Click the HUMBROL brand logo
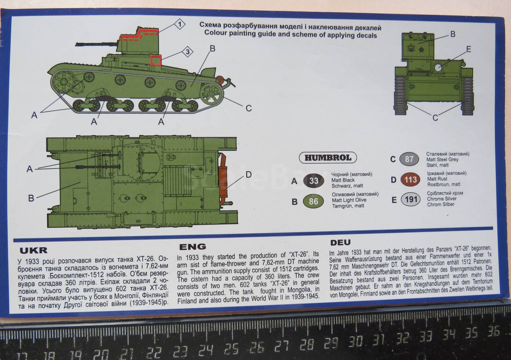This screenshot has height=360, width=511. click(328, 158)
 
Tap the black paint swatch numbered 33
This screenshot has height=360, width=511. click(313, 181)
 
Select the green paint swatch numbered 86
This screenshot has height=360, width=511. click(313, 201)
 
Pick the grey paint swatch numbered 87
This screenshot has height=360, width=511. click(409, 159)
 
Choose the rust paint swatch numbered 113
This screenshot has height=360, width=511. click(410, 180)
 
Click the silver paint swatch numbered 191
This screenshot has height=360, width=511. click(411, 200)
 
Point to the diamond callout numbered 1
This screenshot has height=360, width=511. click(180, 24)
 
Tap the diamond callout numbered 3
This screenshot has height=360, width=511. click(188, 52)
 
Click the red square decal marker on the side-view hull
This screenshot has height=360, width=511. click(156, 61)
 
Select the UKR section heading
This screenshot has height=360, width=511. click(34, 250)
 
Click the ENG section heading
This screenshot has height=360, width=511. click(193, 247)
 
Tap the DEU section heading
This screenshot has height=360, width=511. click(340, 242)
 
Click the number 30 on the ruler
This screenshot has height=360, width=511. click(355, 342)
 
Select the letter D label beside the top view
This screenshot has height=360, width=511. click(248, 175)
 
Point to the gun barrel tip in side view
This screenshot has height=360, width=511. click(76, 44)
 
